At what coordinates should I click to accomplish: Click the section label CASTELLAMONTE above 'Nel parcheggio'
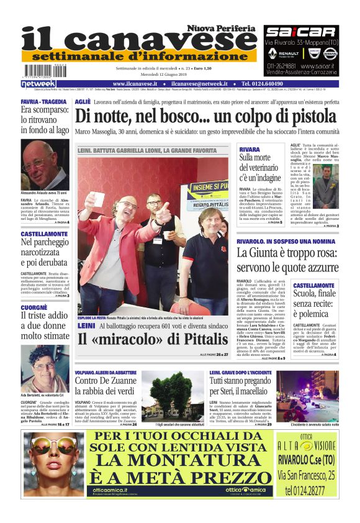coord(44,234)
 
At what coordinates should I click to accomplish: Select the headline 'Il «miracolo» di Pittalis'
coord(153,339)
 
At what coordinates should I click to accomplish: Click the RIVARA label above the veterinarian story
coord(250,150)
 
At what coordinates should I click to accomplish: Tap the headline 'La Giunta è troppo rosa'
coord(287,260)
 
